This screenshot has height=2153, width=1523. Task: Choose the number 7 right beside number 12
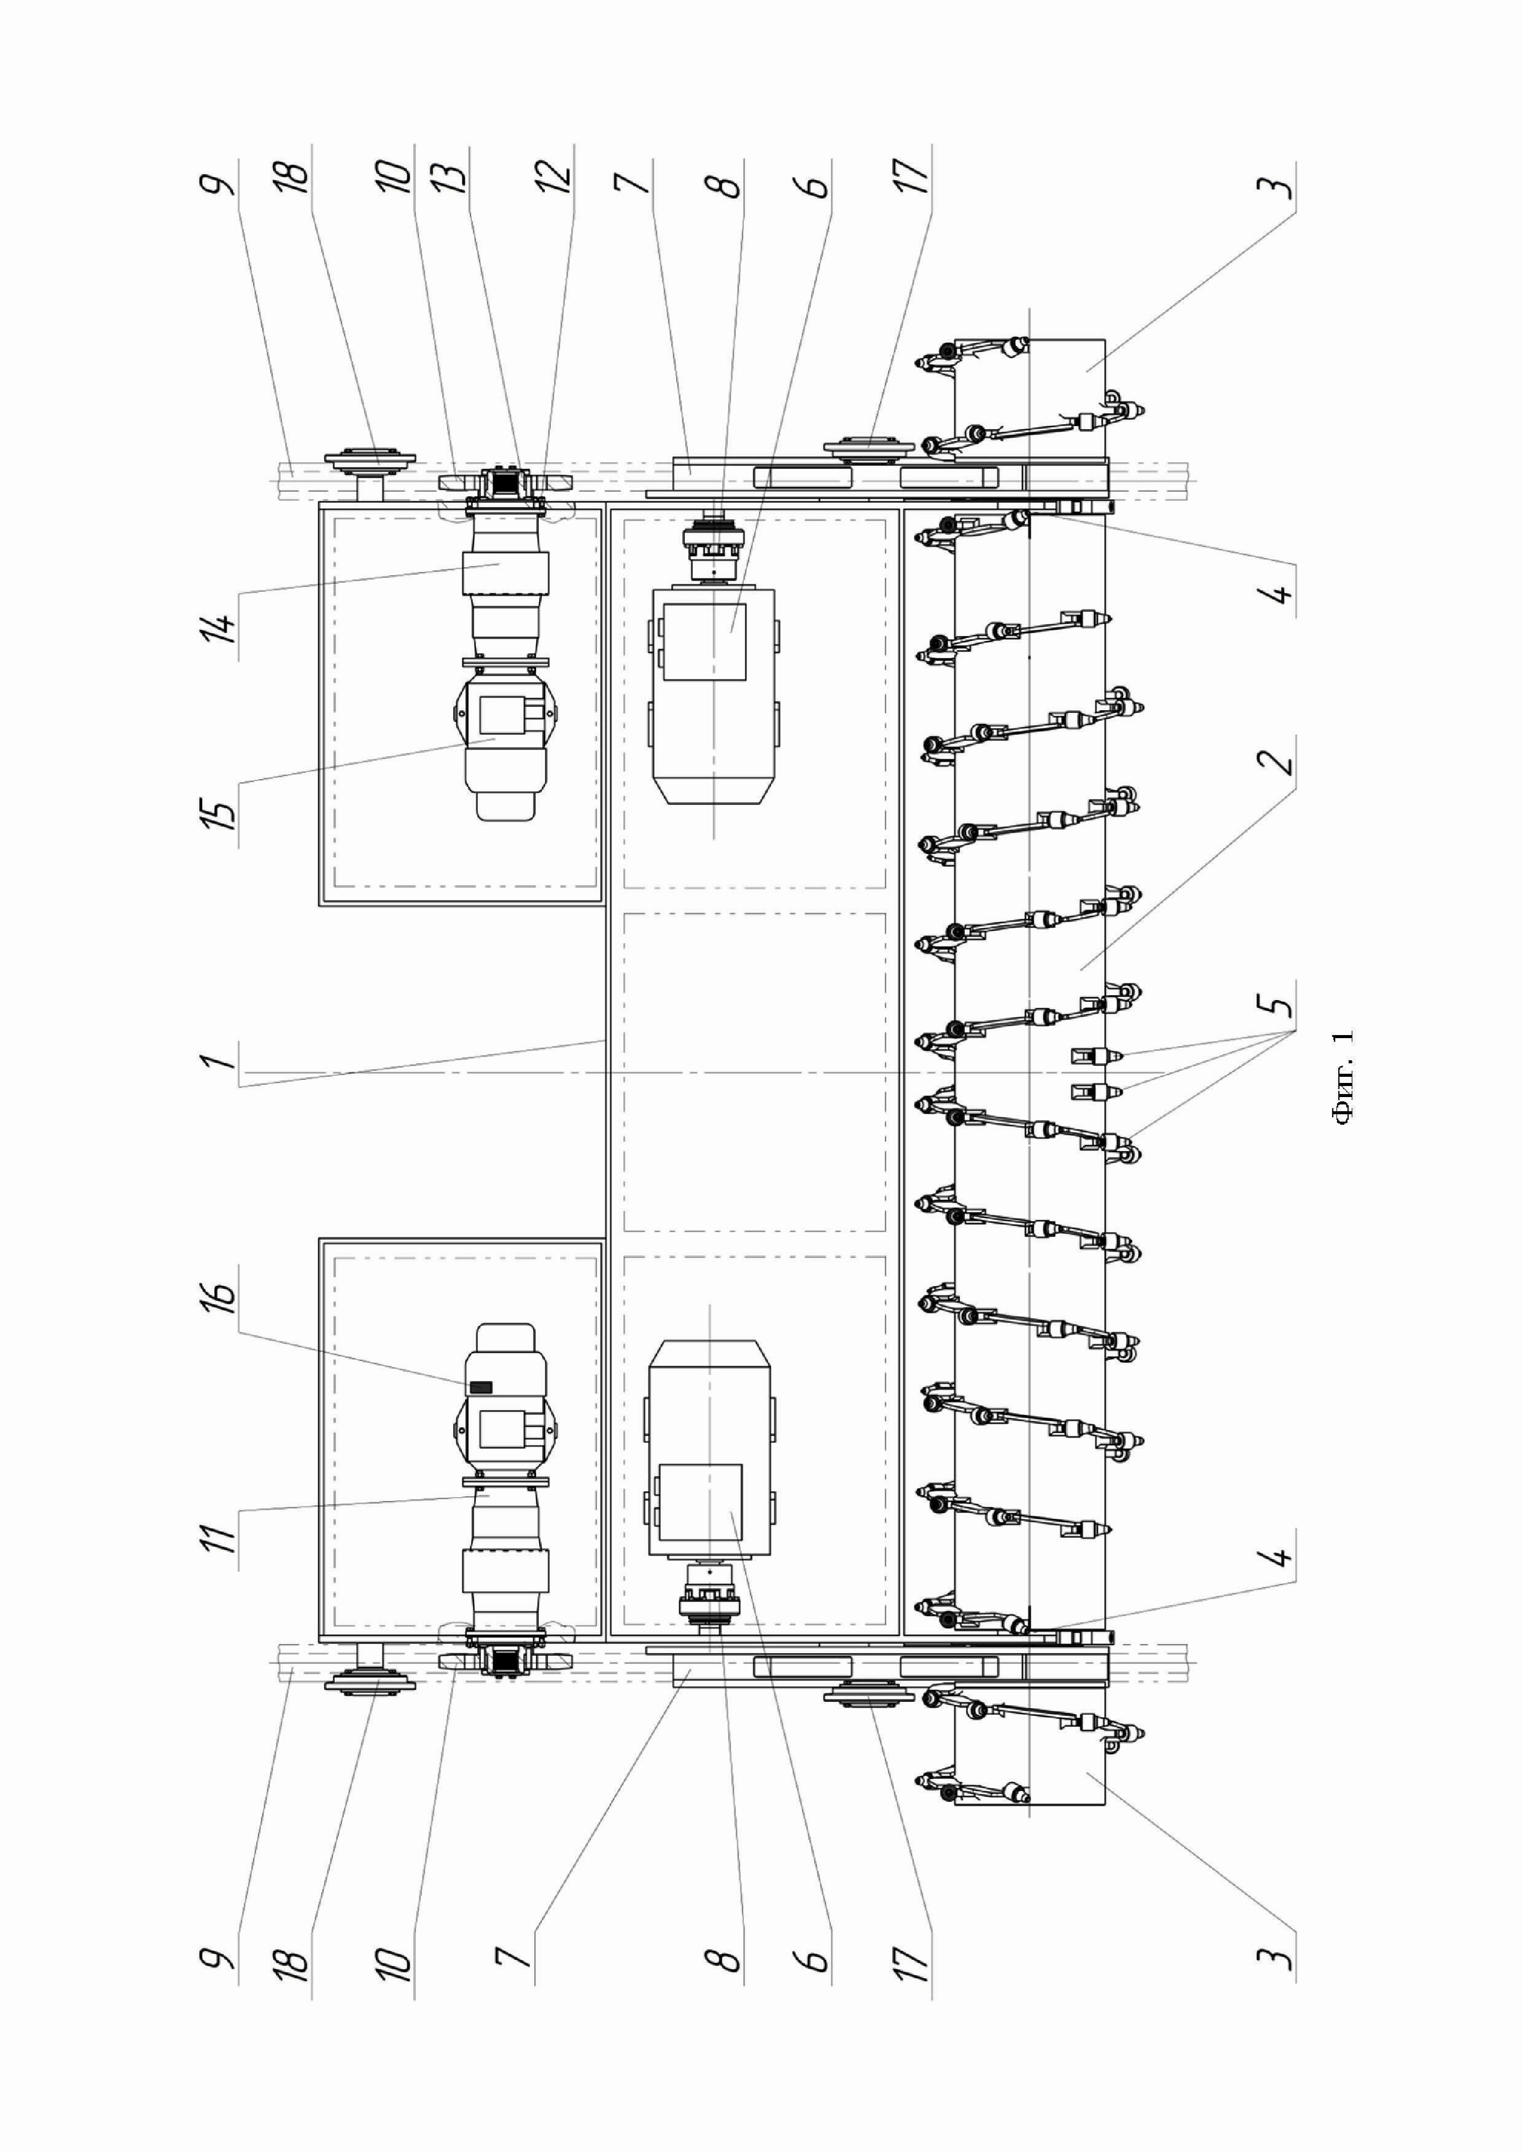tap(634, 178)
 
